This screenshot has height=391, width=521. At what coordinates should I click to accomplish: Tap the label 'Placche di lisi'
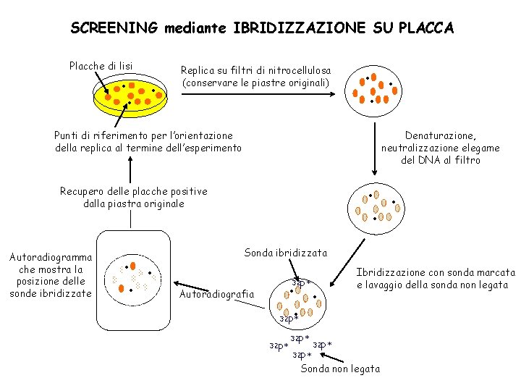[101, 66]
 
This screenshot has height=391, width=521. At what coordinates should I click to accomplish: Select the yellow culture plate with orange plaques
[129, 96]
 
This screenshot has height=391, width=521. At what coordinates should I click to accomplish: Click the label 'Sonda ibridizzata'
[285, 253]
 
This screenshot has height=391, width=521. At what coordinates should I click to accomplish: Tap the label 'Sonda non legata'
[339, 369]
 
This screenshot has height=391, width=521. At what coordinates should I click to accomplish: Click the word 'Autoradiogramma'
[51, 257]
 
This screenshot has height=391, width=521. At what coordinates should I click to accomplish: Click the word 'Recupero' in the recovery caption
[83, 191]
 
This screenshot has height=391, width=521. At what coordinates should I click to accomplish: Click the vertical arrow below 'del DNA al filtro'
[374, 148]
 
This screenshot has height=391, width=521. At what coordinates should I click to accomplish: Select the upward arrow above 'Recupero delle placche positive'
[130, 169]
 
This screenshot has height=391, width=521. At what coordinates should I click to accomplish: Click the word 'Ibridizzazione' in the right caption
[391, 272]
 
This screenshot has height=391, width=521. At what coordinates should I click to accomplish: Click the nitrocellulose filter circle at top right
[373, 88]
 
